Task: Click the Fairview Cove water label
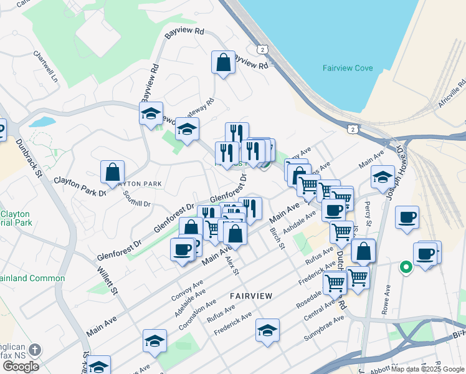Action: coord(347,68)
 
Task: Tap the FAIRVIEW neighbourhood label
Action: coord(251,295)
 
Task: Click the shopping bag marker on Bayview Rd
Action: coord(223,62)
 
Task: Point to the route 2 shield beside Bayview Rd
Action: coord(263,49)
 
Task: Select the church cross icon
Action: coord(36,350)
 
